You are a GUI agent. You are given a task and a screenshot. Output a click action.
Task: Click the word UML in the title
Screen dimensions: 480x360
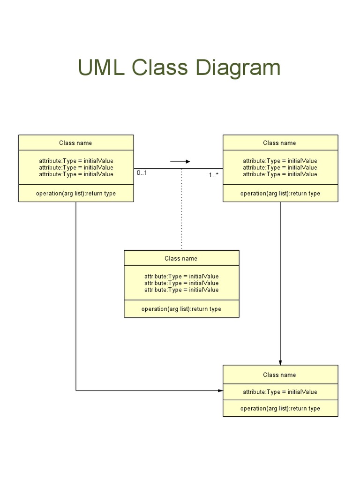[101, 67]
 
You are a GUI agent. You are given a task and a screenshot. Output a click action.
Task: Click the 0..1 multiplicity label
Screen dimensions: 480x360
[142, 173]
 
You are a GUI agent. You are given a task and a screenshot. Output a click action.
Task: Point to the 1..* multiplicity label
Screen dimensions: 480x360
[214, 175]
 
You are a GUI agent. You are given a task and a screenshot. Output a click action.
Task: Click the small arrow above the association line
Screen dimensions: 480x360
[180, 162]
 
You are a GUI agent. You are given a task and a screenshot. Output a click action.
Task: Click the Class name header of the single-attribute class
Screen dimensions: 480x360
[279, 375]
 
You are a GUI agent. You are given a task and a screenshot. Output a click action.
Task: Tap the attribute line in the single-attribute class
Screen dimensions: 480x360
[280, 392]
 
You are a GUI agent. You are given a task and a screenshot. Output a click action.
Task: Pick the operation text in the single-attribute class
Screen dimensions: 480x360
[280, 408]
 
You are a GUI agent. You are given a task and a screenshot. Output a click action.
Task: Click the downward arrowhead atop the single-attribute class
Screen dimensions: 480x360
[280, 362]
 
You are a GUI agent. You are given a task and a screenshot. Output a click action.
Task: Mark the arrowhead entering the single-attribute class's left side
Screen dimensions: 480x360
[220, 390]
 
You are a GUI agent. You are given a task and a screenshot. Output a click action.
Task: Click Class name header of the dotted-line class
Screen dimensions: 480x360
[181, 258]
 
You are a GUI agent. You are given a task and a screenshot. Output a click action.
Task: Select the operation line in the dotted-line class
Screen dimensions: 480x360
[181, 309]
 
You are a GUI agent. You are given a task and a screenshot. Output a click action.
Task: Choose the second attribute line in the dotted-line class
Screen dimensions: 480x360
[181, 283]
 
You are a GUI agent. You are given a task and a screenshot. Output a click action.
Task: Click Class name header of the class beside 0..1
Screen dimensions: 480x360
[75, 143]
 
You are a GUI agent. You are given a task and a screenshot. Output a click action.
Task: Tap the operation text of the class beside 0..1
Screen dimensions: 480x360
[75, 193]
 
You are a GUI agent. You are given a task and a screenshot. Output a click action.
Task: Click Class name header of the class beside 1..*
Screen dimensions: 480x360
[279, 143]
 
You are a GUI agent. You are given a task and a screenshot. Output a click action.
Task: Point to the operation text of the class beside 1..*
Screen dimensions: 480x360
[280, 193]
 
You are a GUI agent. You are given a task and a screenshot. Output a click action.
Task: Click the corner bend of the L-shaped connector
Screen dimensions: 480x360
[76, 390]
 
